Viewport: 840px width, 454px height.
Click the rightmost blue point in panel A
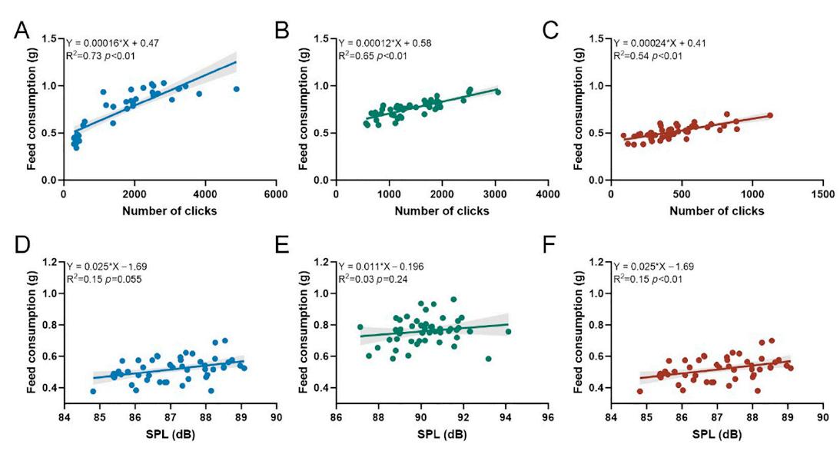237,89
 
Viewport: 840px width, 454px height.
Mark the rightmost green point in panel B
497,92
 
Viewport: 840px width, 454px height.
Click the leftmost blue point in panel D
93,391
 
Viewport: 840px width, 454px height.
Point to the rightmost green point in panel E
508,332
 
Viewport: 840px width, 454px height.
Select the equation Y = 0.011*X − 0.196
390,267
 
